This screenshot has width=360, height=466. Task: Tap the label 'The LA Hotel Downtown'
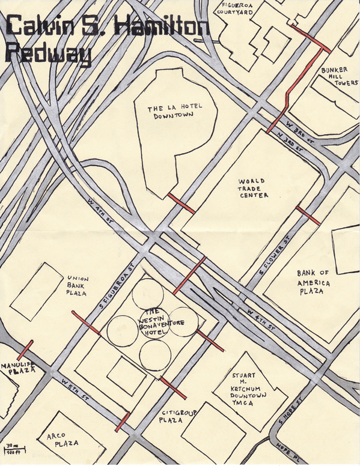(175, 112)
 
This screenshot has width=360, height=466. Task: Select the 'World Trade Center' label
(253, 188)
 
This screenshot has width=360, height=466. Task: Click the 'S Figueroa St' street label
(118, 287)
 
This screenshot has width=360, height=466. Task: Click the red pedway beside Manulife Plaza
(26, 351)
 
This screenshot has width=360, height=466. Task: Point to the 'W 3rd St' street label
(299, 130)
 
